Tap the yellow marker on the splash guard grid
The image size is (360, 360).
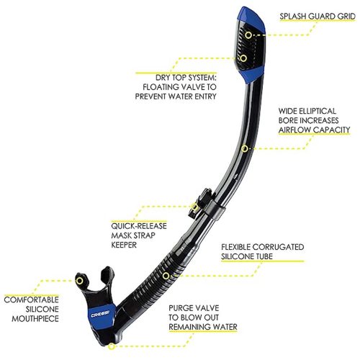click(x=248, y=35)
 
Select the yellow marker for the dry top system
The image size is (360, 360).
click(x=243, y=58)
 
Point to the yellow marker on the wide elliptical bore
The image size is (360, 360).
click(x=244, y=148)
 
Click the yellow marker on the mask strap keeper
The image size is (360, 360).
click(x=194, y=207)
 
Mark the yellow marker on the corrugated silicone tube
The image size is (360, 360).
click(x=166, y=276)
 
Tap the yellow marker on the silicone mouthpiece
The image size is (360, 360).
click(x=79, y=281)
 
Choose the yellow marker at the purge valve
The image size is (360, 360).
click(x=111, y=346)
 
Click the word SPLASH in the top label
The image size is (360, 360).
click(x=293, y=17)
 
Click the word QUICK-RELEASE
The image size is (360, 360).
click(x=139, y=226)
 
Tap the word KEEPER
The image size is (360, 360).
click(x=124, y=245)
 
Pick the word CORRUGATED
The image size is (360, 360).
click(x=279, y=247)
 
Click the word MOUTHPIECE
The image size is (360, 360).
click(x=35, y=319)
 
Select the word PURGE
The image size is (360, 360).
click(x=181, y=308)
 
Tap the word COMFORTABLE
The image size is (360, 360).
click(x=32, y=300)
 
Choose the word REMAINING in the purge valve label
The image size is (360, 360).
click(x=186, y=327)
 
